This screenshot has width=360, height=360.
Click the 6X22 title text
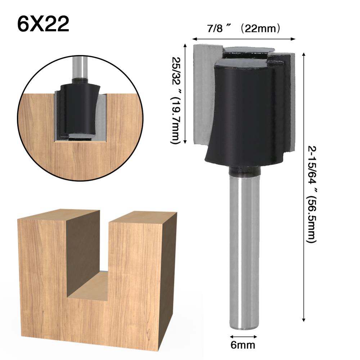[x=43, y=24]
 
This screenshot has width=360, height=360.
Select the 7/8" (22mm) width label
[x=243, y=29]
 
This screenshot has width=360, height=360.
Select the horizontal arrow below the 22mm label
[x=244, y=39]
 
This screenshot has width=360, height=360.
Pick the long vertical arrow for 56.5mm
[x=304, y=187]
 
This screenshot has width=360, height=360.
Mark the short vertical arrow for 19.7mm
[x=186, y=94]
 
